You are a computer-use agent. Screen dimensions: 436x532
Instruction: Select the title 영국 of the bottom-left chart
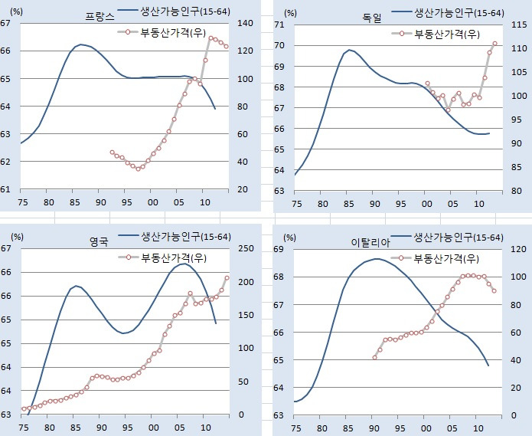point(99,240)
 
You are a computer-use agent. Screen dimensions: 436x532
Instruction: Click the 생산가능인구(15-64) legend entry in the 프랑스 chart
point(184,11)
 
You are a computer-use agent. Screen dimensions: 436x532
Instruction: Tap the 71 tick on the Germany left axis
point(279,25)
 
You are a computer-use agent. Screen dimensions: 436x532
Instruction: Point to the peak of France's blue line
point(80,44)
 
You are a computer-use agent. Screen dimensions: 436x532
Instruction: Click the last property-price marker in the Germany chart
point(494,44)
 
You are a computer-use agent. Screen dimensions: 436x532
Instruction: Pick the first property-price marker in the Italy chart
point(375,358)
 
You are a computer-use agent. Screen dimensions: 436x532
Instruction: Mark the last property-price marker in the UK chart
point(227,278)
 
